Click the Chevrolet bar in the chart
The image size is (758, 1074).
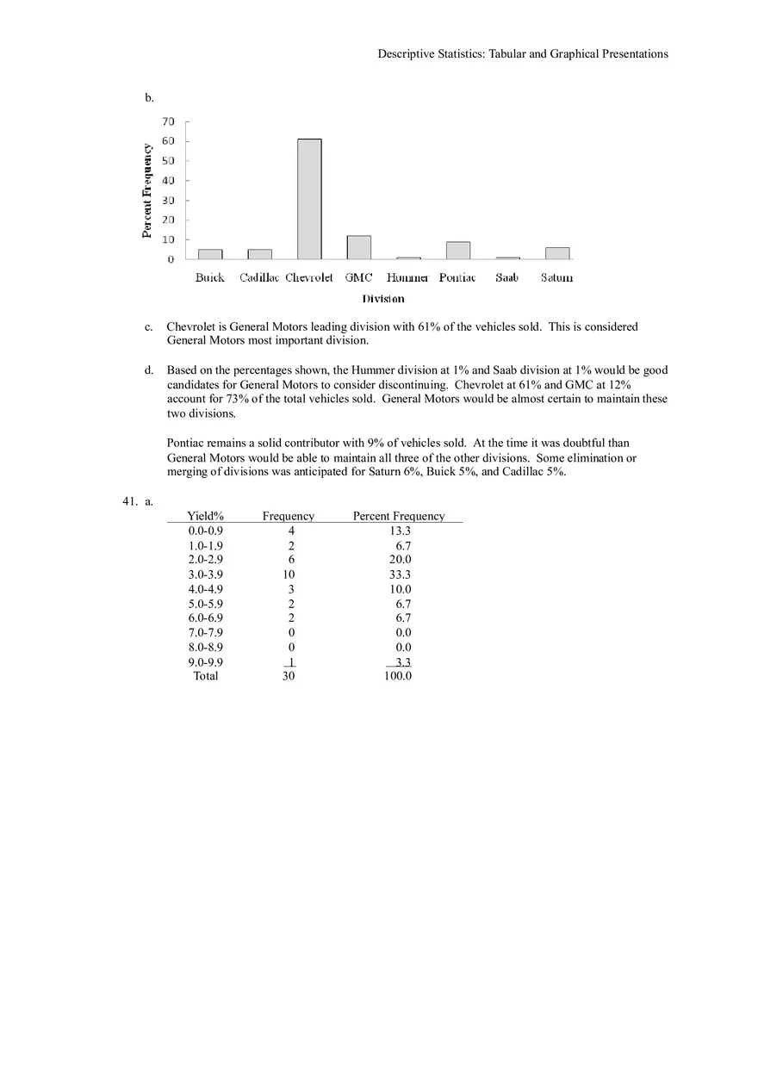(x=309, y=199)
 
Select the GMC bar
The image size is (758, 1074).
(x=359, y=247)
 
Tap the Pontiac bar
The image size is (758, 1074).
(x=458, y=251)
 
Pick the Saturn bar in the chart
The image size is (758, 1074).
(x=557, y=253)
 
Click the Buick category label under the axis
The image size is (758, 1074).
(x=209, y=277)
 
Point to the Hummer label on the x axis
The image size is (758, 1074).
(x=407, y=277)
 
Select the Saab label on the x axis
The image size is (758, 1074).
(x=506, y=277)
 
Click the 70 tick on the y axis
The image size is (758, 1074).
(x=167, y=121)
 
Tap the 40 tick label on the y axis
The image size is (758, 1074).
(x=167, y=181)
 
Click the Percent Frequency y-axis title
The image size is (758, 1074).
(x=147, y=190)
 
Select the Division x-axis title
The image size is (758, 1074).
(x=383, y=299)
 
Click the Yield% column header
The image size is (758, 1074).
(x=205, y=516)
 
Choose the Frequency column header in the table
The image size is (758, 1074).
(x=289, y=516)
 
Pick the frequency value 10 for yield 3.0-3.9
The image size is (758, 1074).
(x=289, y=574)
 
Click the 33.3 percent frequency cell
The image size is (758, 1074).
(x=400, y=574)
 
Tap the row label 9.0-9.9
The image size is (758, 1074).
(x=205, y=662)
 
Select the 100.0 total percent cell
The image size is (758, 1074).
(x=398, y=676)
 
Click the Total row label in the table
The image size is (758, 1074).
(x=206, y=676)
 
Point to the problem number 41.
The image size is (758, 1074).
(x=130, y=500)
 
